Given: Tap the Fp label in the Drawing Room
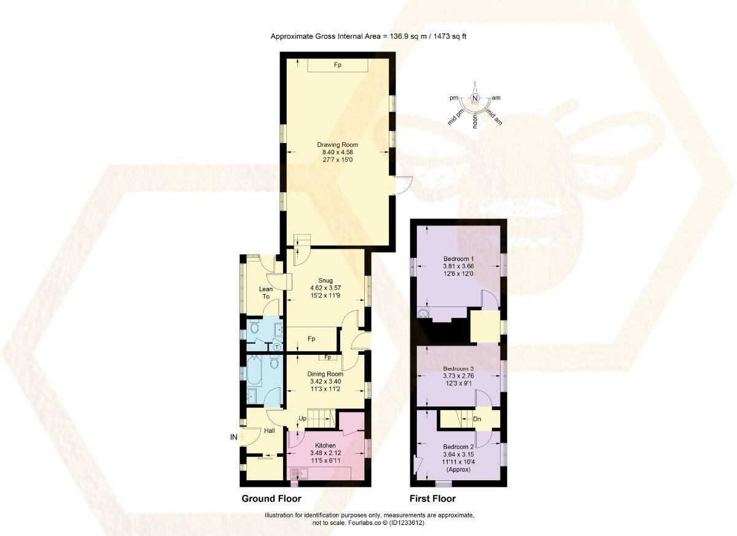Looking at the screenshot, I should (338, 64).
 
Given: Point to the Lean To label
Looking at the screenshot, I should (266, 293).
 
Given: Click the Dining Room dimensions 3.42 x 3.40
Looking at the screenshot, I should (326, 381).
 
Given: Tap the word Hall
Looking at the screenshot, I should (269, 431).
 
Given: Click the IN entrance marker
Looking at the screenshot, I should (233, 437).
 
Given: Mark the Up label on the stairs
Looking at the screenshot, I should (302, 419).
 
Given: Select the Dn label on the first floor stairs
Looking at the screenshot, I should (477, 420).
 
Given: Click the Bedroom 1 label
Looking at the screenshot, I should (458, 258).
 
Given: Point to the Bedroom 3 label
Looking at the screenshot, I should (458, 368).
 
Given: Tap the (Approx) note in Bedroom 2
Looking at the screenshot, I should (458, 470).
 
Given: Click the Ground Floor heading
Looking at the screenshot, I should (271, 499).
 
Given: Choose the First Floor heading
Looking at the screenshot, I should (432, 499).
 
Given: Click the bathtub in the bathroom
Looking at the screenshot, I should (254, 370).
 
